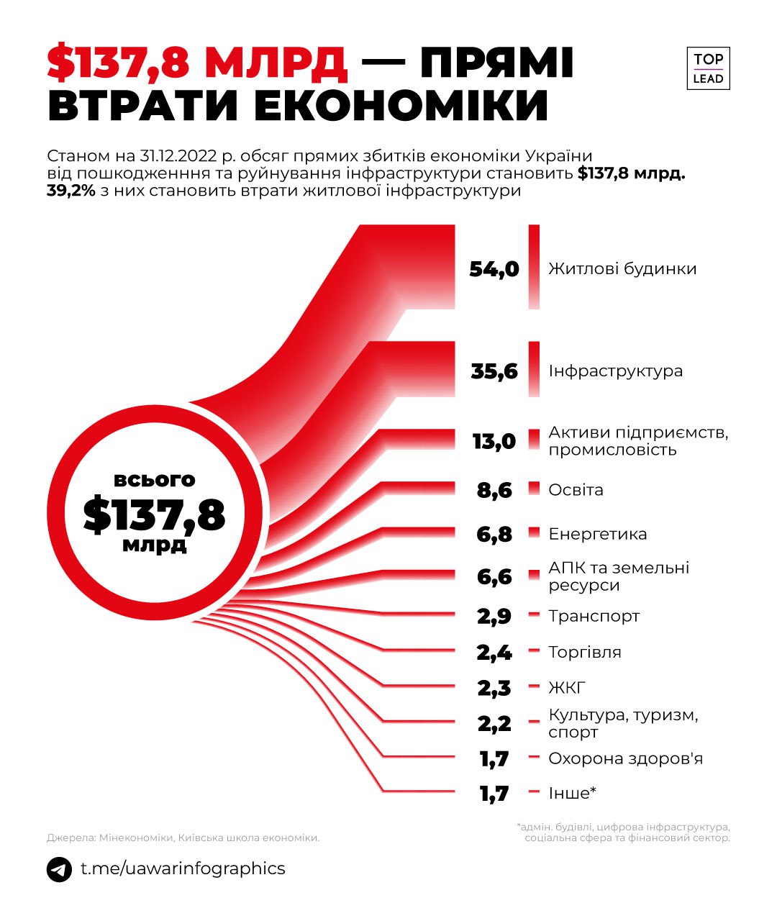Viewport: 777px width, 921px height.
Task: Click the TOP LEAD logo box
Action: pyautogui.click(x=708, y=69)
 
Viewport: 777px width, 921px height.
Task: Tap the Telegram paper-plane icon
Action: pyautogui.click(x=59, y=869)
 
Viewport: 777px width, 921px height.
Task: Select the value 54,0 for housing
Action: pyautogui.click(x=494, y=269)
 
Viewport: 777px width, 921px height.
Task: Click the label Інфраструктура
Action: pyautogui.click(x=615, y=371)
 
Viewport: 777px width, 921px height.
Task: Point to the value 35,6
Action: pyautogui.click(x=494, y=371)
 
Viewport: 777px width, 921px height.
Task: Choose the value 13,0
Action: pyautogui.click(x=494, y=441)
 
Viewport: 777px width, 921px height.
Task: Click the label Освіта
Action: pyautogui.click(x=576, y=490)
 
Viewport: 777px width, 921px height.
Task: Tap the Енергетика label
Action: pyautogui.click(x=597, y=534)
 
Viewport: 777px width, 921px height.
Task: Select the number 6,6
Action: pyautogui.click(x=494, y=576)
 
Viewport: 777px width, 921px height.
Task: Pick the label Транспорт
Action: pyautogui.click(x=594, y=616)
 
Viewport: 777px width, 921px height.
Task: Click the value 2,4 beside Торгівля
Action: pyautogui.click(x=494, y=653)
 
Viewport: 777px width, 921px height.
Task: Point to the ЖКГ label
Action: pyautogui.click(x=567, y=688)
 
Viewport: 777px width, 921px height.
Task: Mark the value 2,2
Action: pyautogui.click(x=494, y=723)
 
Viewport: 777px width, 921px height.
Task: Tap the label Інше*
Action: pyautogui.click(x=572, y=793)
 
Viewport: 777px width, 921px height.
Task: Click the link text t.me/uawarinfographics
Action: pyautogui.click(x=183, y=868)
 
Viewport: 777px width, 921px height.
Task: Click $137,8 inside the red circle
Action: pyautogui.click(x=154, y=515)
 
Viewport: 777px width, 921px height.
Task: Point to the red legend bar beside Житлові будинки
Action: pyautogui.click(x=534, y=267)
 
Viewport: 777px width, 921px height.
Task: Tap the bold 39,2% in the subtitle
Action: pyautogui.click(x=71, y=191)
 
